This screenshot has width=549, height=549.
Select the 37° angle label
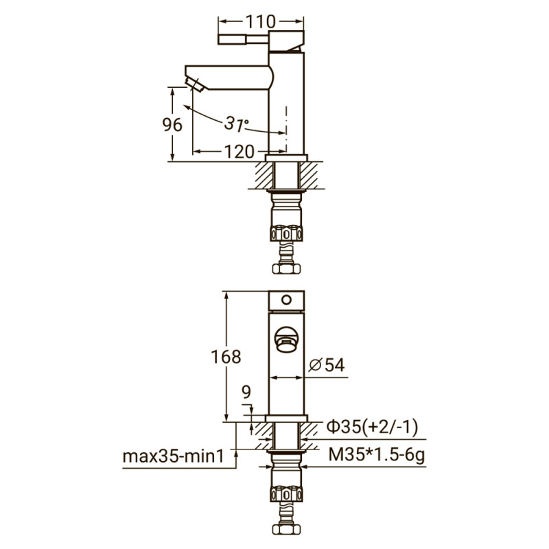[x=236, y=124]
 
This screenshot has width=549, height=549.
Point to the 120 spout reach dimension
[x=238, y=151]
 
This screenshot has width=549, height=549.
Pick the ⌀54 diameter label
[x=326, y=365]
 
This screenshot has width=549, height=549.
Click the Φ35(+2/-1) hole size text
[x=371, y=427]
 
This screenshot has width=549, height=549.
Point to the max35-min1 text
[x=174, y=456]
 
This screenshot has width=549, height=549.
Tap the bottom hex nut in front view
[x=287, y=530]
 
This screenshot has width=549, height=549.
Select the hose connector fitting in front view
[x=287, y=493]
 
